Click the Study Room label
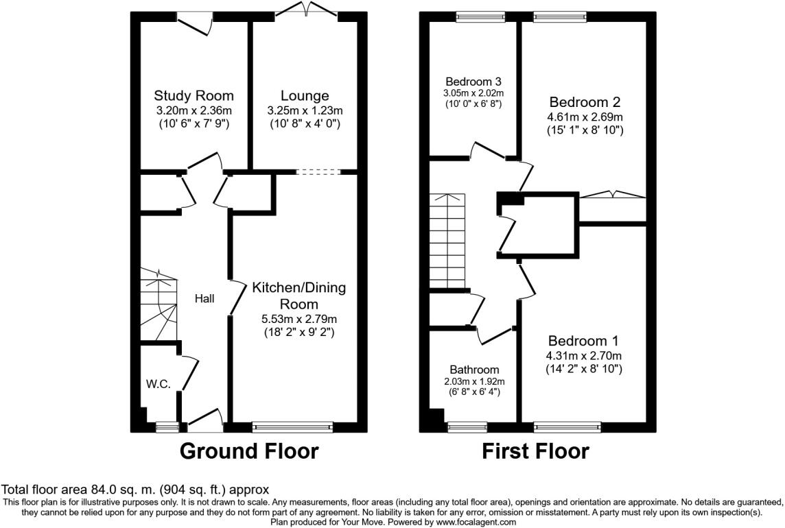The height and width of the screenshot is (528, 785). (x=194, y=95)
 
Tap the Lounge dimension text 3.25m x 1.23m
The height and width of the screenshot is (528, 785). (x=305, y=110)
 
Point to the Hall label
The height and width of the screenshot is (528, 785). (x=204, y=298)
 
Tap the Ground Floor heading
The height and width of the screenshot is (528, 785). (x=249, y=451)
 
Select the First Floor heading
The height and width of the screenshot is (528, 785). (x=535, y=451)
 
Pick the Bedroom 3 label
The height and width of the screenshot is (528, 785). (x=473, y=80)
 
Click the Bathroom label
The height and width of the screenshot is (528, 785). (x=474, y=370)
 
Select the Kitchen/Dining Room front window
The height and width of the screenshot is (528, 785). (x=293, y=427)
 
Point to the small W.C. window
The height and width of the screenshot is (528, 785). (x=166, y=427)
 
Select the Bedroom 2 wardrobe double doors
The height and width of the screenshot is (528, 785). (x=612, y=195)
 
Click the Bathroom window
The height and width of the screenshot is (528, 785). (x=467, y=427)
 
